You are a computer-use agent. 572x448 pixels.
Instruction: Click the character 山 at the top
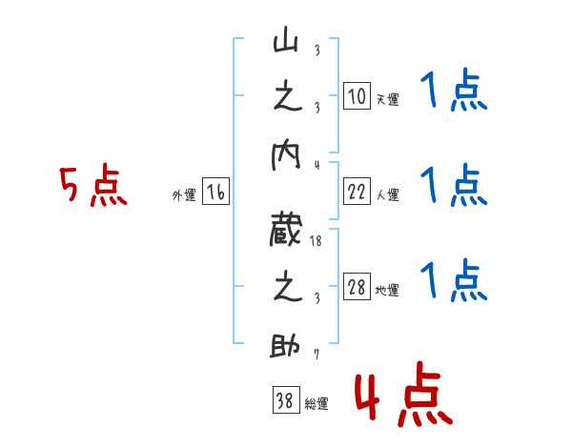(286, 42)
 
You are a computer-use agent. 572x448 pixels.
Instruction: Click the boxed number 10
(356, 96)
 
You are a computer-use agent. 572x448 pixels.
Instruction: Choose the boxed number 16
(216, 193)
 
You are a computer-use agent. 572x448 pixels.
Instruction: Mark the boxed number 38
(284, 400)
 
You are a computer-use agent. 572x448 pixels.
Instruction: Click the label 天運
(386, 99)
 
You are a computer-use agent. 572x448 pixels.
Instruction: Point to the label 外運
(183, 195)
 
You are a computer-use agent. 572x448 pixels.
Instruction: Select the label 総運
(316, 403)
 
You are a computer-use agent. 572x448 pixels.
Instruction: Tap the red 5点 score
(92, 187)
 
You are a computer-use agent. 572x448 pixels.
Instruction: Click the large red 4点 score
(403, 397)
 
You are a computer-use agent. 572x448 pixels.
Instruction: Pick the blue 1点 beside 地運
(453, 280)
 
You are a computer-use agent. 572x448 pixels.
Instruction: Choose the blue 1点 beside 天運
(453, 93)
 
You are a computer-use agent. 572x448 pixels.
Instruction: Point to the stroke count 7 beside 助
(317, 356)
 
